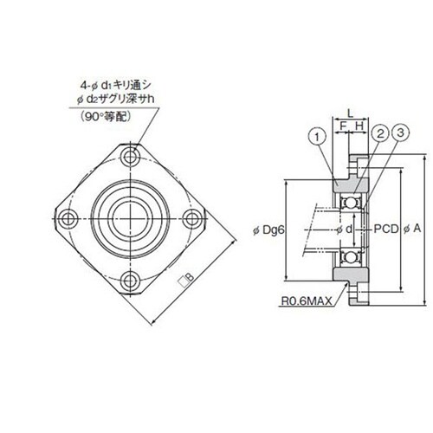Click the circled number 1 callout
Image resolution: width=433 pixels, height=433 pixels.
(317, 137)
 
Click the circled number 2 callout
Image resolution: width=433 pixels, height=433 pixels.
(381, 133)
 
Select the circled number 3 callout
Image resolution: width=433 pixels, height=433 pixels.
(400, 132)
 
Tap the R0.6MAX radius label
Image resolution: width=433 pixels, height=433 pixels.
(307, 301)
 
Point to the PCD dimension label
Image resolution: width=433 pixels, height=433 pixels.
(386, 229)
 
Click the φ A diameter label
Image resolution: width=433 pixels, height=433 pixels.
(413, 229)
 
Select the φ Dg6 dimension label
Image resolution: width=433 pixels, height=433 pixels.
(269, 230)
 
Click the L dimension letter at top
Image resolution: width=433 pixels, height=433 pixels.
(350, 113)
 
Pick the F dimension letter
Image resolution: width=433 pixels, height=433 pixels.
(343, 126)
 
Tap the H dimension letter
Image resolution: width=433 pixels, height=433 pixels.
(359, 126)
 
